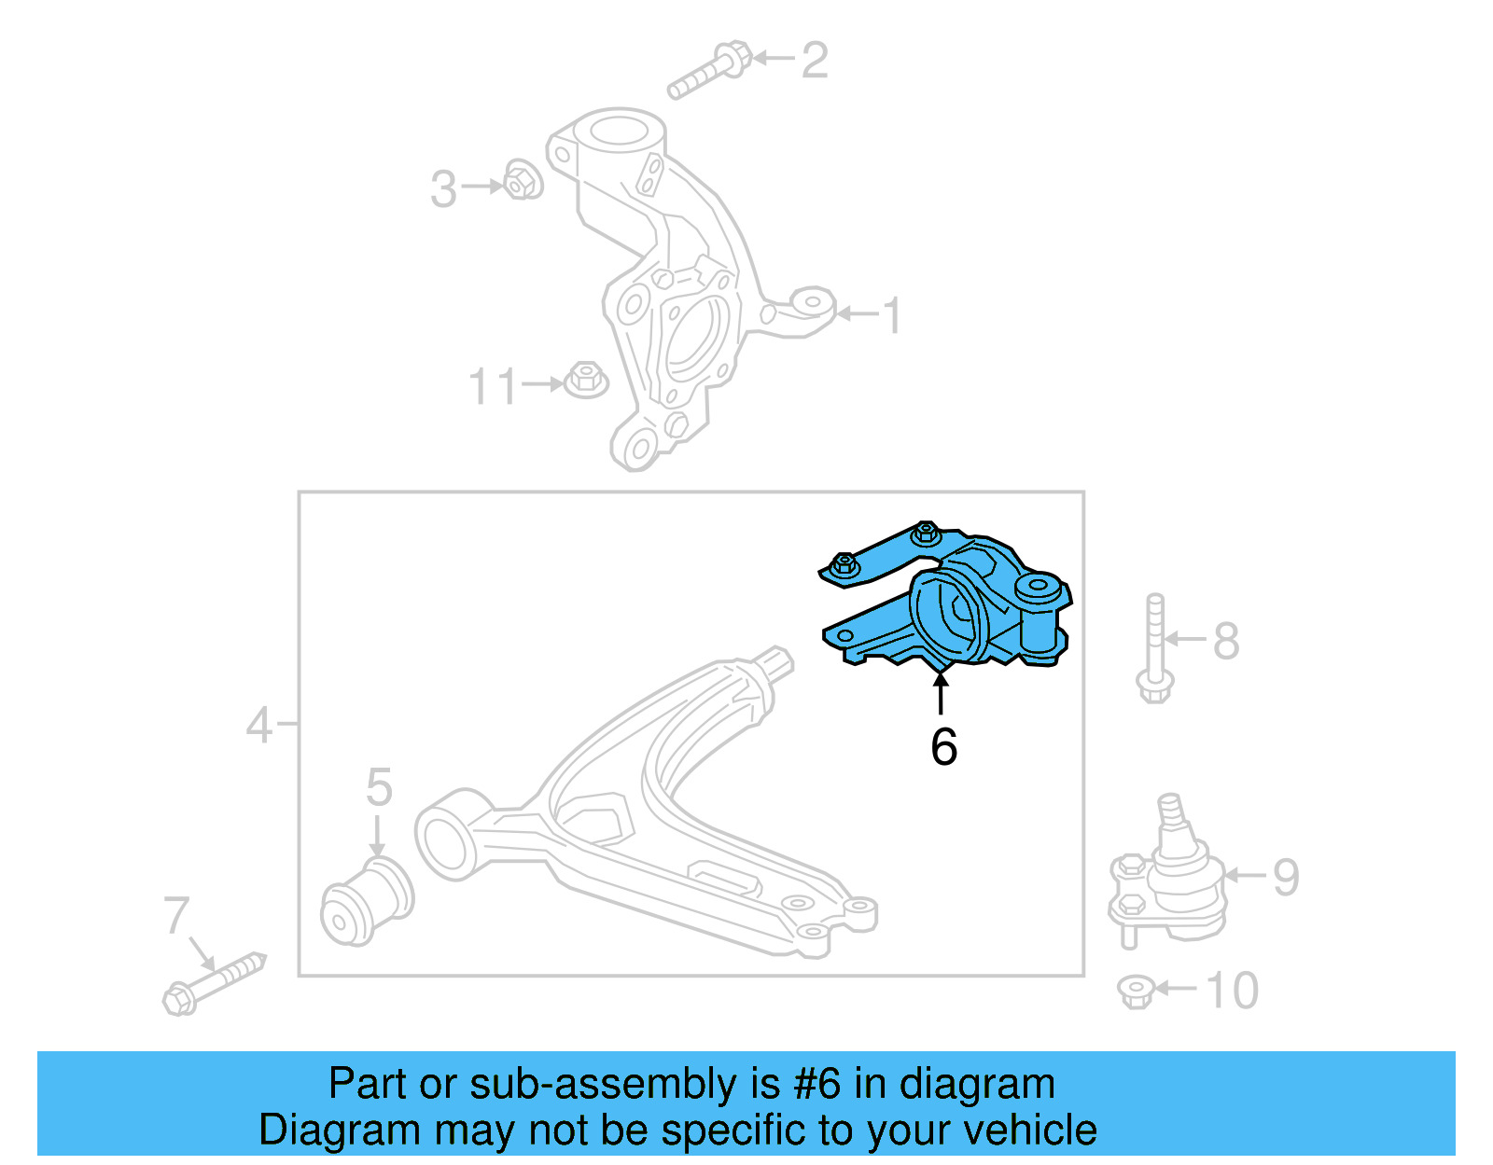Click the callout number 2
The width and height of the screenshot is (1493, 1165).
pos(815,61)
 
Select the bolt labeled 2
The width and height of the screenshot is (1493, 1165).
pos(709,71)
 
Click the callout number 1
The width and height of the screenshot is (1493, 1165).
pos(892,315)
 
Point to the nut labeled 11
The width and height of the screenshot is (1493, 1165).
pos(586,380)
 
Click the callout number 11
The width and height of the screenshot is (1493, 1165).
pos(492,386)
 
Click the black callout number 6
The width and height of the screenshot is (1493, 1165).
pos(943,746)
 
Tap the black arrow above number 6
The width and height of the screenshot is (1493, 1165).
pos(942,694)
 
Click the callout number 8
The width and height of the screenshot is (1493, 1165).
pos(1226,641)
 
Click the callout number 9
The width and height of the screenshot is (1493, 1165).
pos(1286,878)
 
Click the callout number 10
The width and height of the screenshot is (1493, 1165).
pos(1232,991)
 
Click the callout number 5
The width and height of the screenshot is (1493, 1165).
pos(379,787)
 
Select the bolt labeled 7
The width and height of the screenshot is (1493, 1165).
pos(215,984)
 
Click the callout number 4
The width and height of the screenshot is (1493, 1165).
pos(258,725)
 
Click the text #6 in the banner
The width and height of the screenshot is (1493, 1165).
pos(817,1084)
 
